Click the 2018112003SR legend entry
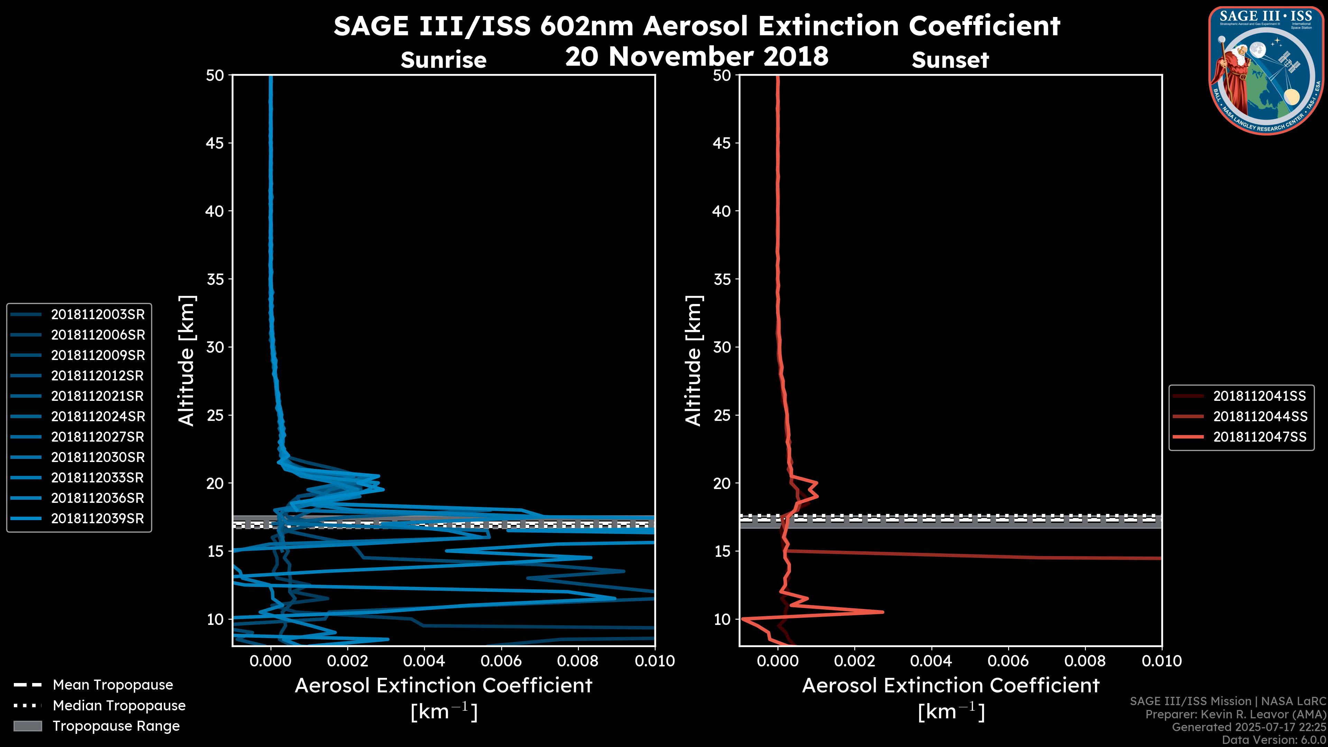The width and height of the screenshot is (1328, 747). click(x=98, y=314)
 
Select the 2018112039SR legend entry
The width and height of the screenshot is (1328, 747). click(x=98, y=519)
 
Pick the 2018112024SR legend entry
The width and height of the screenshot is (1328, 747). click(x=98, y=416)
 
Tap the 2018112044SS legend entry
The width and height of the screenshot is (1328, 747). click(x=1260, y=416)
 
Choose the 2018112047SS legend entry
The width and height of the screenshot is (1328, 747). click(x=1260, y=437)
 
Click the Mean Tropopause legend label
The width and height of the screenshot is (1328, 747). click(x=113, y=685)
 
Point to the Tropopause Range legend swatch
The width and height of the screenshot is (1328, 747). click(x=28, y=726)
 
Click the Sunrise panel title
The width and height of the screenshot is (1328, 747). click(x=443, y=60)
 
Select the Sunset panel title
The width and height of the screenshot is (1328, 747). click(x=950, y=60)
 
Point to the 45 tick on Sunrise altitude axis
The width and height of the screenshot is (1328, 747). click(x=214, y=143)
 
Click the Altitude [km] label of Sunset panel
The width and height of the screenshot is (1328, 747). click(x=694, y=361)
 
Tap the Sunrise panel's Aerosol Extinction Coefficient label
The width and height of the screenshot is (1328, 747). click(x=443, y=686)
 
